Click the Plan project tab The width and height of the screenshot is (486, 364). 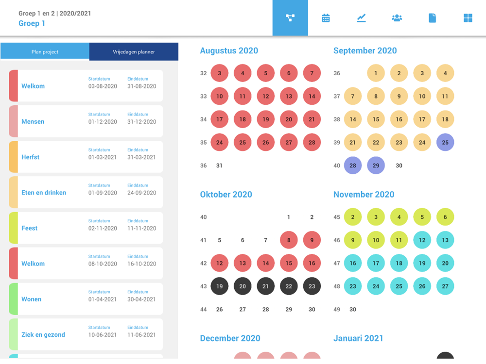click(45, 52)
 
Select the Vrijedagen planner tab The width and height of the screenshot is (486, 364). click(134, 52)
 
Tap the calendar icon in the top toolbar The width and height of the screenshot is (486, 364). click(326, 18)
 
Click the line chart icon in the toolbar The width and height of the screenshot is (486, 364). click(361, 18)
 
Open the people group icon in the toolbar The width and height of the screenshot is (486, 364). click(397, 18)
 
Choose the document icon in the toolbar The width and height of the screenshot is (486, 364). click(432, 18)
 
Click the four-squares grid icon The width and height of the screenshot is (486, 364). click(468, 18)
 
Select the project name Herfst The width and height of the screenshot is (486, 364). click(31, 157)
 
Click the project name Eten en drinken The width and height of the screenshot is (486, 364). click(44, 193)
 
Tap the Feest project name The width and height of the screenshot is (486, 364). click(29, 228)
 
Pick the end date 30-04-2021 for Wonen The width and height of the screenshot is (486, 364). click(142, 299)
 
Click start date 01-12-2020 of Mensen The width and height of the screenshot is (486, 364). click(103, 122)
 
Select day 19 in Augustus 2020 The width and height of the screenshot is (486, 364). click(265, 119)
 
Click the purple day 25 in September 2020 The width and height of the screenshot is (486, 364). click(445, 143)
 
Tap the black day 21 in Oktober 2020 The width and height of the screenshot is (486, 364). click(265, 286)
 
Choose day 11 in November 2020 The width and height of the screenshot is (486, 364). click(399, 240)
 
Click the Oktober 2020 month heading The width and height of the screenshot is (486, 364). click(226, 195)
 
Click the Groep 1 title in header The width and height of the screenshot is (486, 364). click(32, 23)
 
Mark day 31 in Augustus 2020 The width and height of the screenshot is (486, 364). click(219, 165)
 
